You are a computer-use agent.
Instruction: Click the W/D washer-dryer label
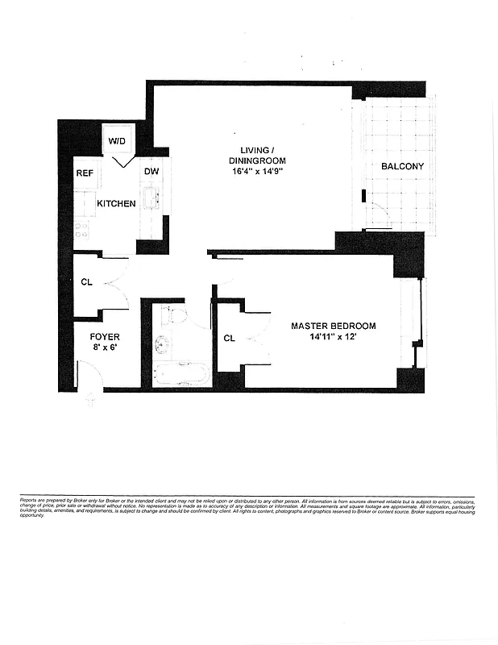[118, 140]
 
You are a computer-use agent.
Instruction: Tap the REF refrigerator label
[85, 173]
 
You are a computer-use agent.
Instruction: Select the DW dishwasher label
[151, 172]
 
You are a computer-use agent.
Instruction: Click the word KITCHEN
[116, 204]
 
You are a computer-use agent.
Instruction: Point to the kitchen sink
[150, 197]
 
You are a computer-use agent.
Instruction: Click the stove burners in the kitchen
[83, 230]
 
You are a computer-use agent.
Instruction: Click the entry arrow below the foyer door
[90, 400]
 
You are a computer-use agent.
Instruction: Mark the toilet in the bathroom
[175, 314]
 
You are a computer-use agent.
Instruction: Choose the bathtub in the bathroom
[181, 373]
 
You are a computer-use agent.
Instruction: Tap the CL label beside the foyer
[86, 282]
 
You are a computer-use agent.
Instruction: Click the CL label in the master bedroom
[229, 338]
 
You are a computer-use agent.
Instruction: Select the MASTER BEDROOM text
[333, 326]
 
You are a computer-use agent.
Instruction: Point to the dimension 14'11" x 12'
[333, 338]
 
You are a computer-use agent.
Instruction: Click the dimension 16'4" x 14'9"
[258, 172]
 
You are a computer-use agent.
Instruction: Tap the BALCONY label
[402, 166]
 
